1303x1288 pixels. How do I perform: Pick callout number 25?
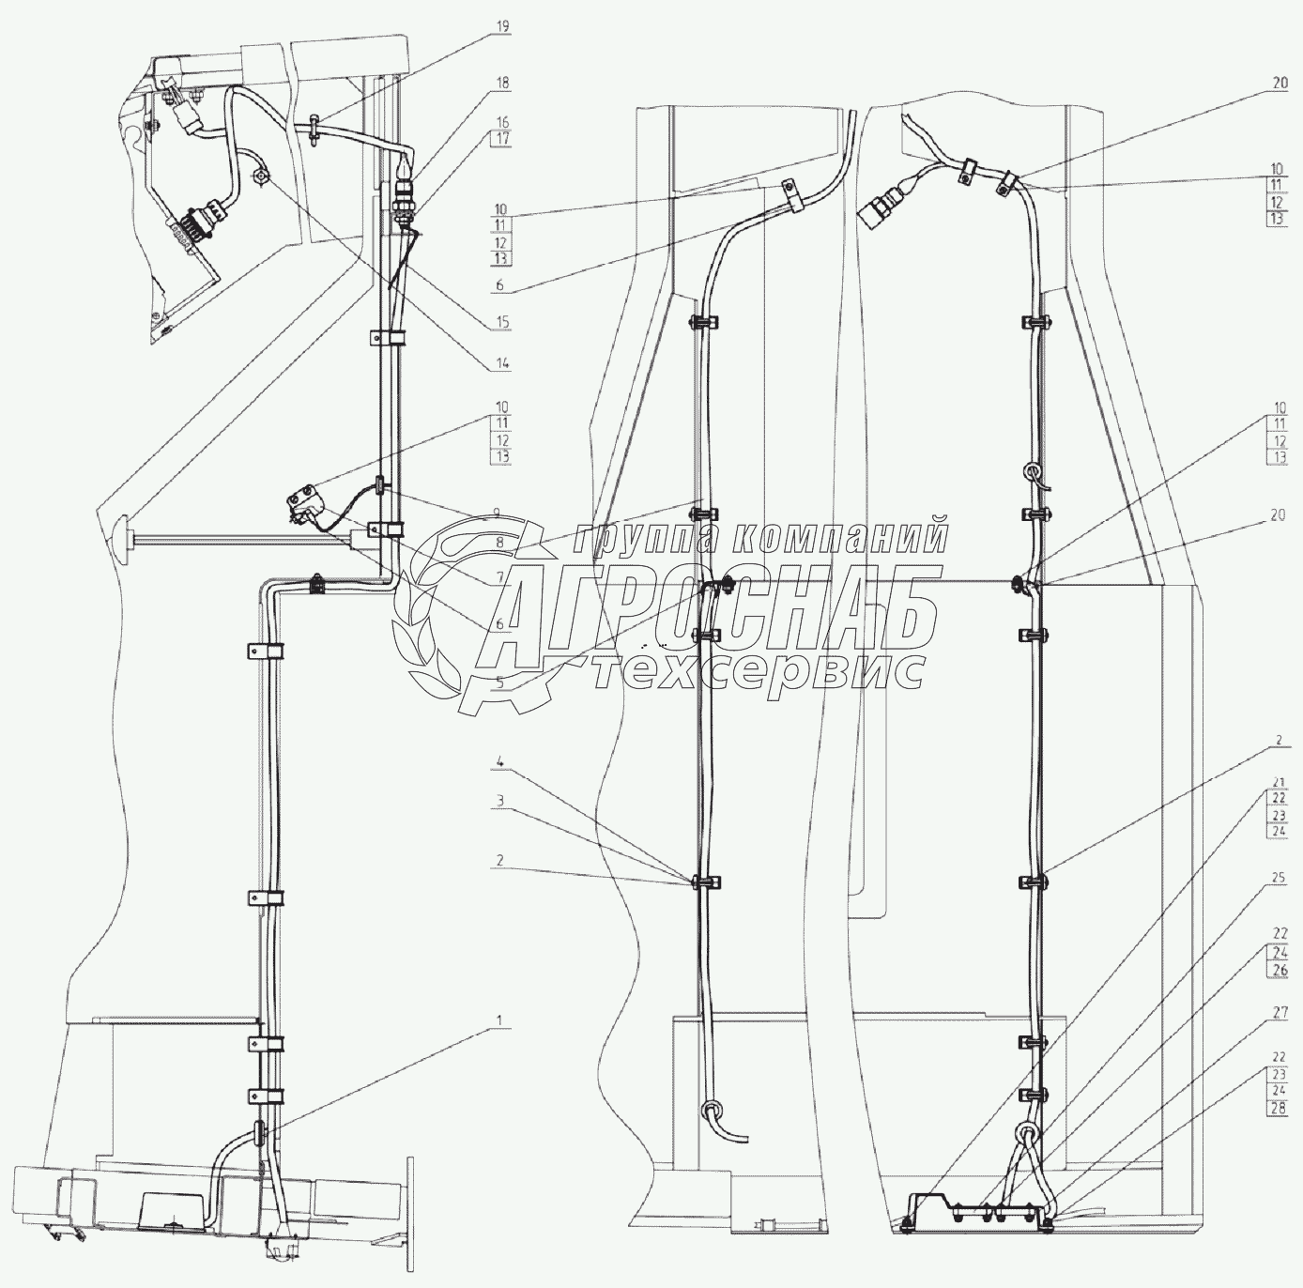[x=1279, y=878]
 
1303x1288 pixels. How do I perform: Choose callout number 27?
[x=1279, y=1014]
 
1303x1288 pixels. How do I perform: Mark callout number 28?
[x=1279, y=1107]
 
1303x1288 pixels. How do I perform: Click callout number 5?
[x=499, y=683]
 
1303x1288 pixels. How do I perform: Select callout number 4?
[x=500, y=763]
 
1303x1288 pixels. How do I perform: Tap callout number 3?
[x=500, y=801]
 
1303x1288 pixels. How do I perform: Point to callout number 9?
[x=500, y=514]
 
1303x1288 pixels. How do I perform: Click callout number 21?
[x=1279, y=782]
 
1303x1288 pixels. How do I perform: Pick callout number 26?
[x=1279, y=969]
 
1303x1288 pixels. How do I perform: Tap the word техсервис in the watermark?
[x=760, y=671]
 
